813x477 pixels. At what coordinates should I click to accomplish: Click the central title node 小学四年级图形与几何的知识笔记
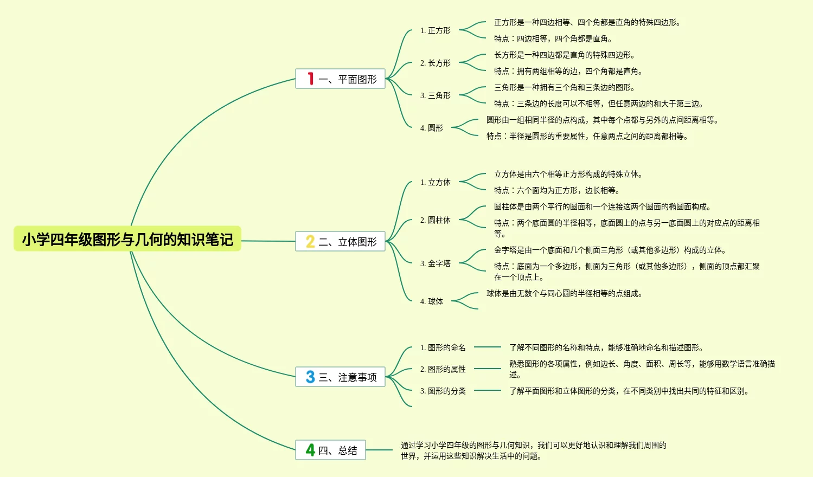(x=127, y=239)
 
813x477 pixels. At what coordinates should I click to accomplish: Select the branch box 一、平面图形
(x=340, y=79)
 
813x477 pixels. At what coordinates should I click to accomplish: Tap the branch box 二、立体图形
(x=340, y=242)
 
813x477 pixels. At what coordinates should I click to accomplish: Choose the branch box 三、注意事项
(x=340, y=377)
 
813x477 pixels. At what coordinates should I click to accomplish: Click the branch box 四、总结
(x=330, y=450)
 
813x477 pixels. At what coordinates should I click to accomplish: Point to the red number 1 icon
(x=310, y=79)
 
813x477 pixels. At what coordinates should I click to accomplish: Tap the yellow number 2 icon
(x=310, y=242)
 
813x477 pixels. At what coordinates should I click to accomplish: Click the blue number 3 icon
(x=310, y=377)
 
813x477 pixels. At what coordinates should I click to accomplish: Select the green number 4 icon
(x=310, y=450)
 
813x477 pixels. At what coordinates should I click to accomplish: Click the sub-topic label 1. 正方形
(x=436, y=31)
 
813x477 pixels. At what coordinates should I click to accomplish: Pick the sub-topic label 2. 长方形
(x=436, y=63)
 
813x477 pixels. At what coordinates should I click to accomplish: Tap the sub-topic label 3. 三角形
(x=436, y=96)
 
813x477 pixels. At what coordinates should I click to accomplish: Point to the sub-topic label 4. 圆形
(x=432, y=128)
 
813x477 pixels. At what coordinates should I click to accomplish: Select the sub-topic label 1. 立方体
(x=436, y=183)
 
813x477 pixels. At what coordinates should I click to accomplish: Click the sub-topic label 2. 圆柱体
(x=436, y=221)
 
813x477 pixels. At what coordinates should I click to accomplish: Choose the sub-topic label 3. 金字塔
(x=436, y=264)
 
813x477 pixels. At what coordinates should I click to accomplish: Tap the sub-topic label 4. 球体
(x=432, y=302)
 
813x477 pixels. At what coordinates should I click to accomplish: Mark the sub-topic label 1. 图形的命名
(x=443, y=348)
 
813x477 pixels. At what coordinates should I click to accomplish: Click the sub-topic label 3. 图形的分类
(x=443, y=391)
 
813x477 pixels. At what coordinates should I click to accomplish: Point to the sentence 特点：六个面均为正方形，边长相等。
(x=556, y=191)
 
